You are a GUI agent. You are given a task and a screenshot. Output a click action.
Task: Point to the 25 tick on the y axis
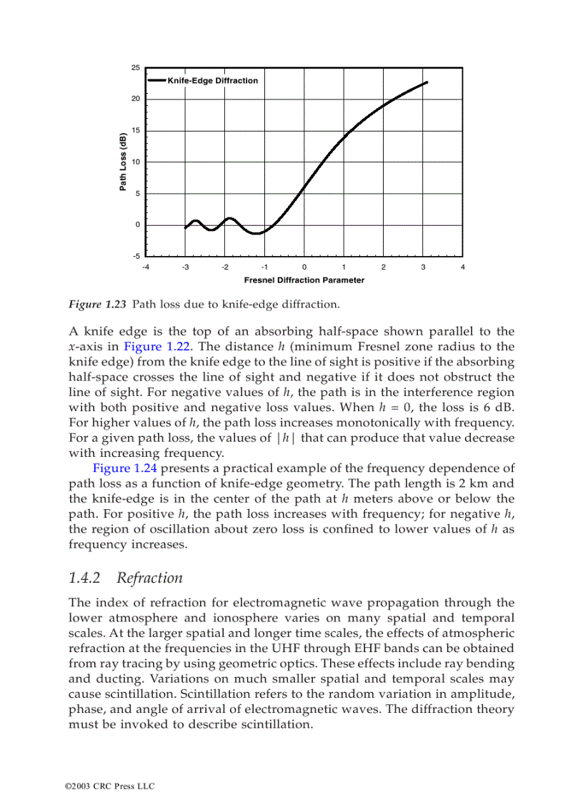click(x=135, y=68)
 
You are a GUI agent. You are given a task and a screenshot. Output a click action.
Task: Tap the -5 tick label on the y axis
click(x=135, y=255)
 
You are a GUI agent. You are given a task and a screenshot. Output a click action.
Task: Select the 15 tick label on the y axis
click(x=135, y=130)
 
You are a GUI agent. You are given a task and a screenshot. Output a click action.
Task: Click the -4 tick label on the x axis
click(x=146, y=267)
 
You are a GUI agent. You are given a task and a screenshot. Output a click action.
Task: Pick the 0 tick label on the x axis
click(x=304, y=267)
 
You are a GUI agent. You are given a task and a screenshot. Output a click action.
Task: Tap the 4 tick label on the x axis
click(x=463, y=267)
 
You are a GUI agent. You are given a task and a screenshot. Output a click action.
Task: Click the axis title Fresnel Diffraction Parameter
click(x=304, y=280)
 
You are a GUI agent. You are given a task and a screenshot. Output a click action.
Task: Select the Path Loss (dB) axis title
click(x=122, y=162)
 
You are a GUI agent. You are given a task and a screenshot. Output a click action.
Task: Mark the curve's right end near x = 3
click(x=427, y=82)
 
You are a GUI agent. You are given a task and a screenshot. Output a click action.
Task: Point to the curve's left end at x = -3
click(x=186, y=227)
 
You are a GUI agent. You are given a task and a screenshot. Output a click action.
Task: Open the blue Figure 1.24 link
click(x=119, y=468)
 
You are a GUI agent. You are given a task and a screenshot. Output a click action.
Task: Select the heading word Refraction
click(x=149, y=578)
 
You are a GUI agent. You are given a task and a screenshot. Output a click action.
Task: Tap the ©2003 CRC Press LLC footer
click(x=109, y=787)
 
